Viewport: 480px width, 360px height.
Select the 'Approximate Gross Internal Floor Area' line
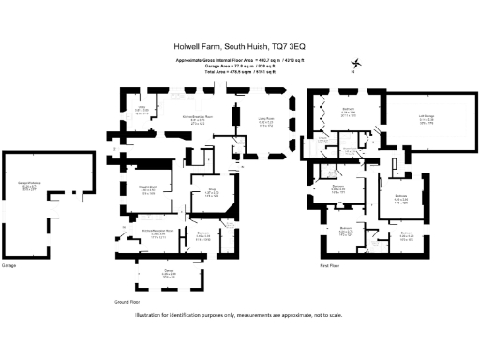(239, 59)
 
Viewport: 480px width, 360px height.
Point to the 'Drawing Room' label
(148, 187)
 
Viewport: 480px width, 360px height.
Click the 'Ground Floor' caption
(128, 304)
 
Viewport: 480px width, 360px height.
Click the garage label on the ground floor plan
(169, 274)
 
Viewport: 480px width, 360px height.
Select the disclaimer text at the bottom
(239, 316)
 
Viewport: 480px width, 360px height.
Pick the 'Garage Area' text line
(239, 65)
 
